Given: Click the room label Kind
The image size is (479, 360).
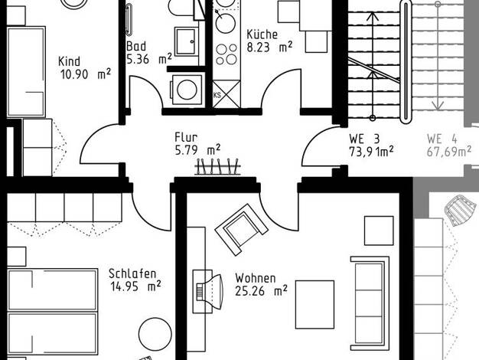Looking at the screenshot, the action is click(x=70, y=61).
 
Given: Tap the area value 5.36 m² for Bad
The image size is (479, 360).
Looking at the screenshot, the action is click(x=149, y=59).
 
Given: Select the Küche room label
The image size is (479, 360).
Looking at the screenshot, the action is click(x=262, y=34).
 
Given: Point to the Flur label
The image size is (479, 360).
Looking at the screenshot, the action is click(x=186, y=137).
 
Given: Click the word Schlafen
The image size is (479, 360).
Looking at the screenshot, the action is click(x=132, y=273).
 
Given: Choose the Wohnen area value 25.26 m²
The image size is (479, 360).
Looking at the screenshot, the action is click(x=261, y=291).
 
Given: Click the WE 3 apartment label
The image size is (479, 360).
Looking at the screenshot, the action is click(x=364, y=139).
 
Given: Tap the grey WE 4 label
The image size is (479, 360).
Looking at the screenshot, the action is click(x=442, y=139).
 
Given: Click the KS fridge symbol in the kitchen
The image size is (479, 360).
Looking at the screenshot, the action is click(x=226, y=94).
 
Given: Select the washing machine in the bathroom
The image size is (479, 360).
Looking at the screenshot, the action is click(x=187, y=90).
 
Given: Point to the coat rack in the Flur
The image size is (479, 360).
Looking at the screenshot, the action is click(x=217, y=167).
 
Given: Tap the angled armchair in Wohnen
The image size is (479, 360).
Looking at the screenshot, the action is click(x=242, y=229).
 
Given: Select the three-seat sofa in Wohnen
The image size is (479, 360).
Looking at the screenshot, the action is click(x=370, y=303).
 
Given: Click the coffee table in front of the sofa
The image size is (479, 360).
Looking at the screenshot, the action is click(x=314, y=305).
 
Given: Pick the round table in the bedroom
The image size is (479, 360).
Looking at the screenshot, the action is click(x=155, y=334).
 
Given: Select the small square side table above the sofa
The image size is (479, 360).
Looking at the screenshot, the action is click(x=379, y=231).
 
